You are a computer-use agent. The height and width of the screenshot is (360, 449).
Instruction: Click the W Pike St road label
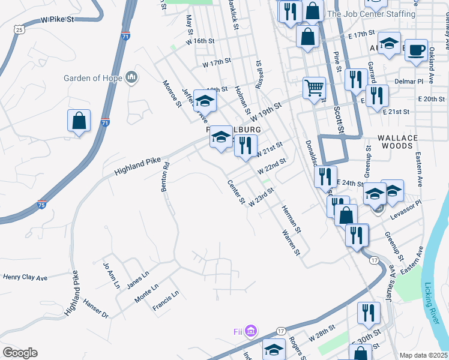[x=57, y=20]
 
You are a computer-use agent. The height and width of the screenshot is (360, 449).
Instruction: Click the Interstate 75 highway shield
[x=42, y=205]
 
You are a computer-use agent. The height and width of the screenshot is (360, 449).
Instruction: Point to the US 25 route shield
[x=20, y=29]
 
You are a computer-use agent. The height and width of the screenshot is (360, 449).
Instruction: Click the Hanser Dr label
[x=96, y=310]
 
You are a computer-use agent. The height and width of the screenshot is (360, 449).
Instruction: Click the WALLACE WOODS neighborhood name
[x=397, y=142]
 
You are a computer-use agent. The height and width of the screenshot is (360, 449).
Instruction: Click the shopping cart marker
[x=314, y=88]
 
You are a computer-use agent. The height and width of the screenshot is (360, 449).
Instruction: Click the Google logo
[x=20, y=353]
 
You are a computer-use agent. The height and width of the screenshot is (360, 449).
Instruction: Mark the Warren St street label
[x=289, y=241]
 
